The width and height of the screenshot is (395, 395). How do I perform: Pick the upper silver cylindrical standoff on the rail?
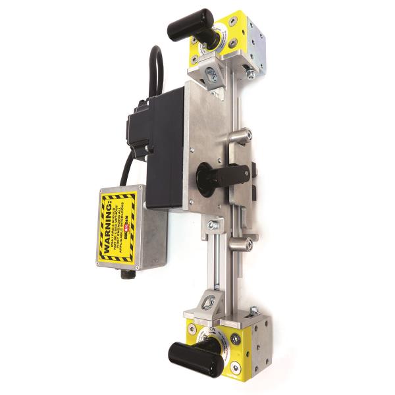click(x=240, y=136)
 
